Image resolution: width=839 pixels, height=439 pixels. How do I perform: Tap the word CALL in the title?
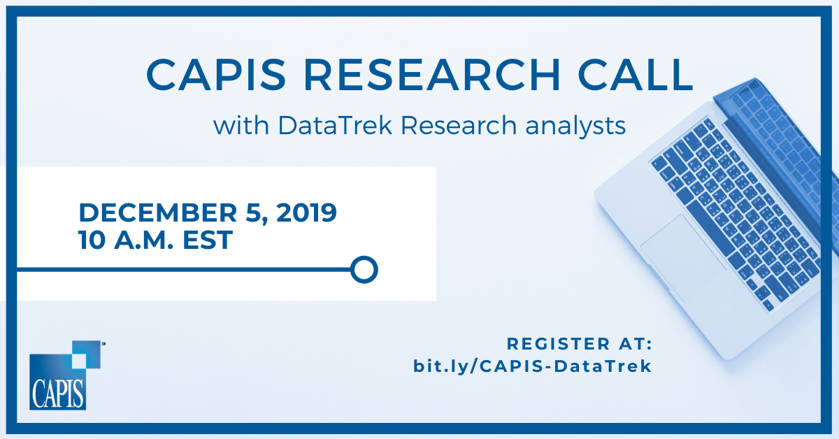[636, 75]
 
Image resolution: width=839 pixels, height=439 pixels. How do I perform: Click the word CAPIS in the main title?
[216, 75]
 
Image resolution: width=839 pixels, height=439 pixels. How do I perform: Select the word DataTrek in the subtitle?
[335, 125]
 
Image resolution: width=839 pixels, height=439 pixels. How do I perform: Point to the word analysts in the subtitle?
[575, 127]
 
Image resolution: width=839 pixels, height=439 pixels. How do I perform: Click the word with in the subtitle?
[241, 125]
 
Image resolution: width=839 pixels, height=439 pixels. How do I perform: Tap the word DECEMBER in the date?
[158, 213]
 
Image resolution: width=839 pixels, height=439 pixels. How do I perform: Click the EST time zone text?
[208, 240]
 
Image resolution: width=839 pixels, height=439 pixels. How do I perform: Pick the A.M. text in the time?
[144, 240]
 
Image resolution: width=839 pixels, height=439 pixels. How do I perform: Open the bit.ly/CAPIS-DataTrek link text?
[532, 366]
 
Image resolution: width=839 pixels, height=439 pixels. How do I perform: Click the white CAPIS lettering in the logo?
[57, 394]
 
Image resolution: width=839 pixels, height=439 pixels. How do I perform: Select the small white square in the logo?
[78, 361]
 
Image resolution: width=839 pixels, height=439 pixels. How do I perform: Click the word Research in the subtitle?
[459, 125]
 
